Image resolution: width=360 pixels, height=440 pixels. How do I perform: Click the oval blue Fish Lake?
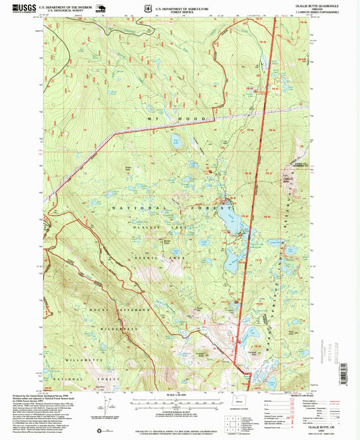176,143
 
